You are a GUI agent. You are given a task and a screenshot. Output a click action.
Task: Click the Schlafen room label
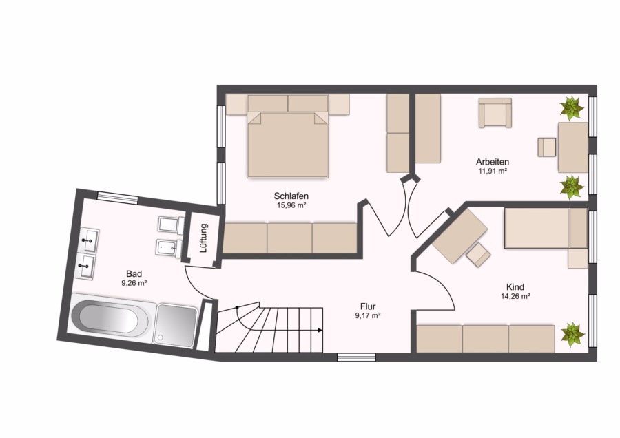click(291, 196)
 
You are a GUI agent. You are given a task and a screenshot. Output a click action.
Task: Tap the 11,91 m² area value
click(493, 171)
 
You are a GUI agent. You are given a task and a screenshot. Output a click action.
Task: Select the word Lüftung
click(204, 238)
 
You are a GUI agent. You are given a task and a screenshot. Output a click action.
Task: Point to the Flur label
click(368, 306)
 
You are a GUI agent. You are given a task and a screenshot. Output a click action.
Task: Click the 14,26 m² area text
click(515, 296)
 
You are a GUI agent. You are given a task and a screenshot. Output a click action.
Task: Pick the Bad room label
click(134, 273)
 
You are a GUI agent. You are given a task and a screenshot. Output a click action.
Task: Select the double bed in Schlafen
click(287, 136)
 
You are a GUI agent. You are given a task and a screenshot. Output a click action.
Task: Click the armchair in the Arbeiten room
click(495, 113)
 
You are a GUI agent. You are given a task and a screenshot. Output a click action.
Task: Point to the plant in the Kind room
click(572, 334)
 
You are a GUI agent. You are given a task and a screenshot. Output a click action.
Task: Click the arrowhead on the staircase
click(320, 330)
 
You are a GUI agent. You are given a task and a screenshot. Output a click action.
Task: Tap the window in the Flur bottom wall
click(356, 357)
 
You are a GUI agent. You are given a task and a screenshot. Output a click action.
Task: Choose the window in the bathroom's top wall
click(118, 198)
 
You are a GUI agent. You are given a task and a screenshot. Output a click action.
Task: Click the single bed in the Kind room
click(546, 228)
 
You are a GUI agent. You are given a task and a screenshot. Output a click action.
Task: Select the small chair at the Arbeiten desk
click(547, 147)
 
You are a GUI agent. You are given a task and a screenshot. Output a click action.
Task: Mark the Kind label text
click(515, 287)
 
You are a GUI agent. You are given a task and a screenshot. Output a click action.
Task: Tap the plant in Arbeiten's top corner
click(572, 108)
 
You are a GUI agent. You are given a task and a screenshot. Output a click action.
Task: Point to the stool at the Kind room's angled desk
click(478, 255)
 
